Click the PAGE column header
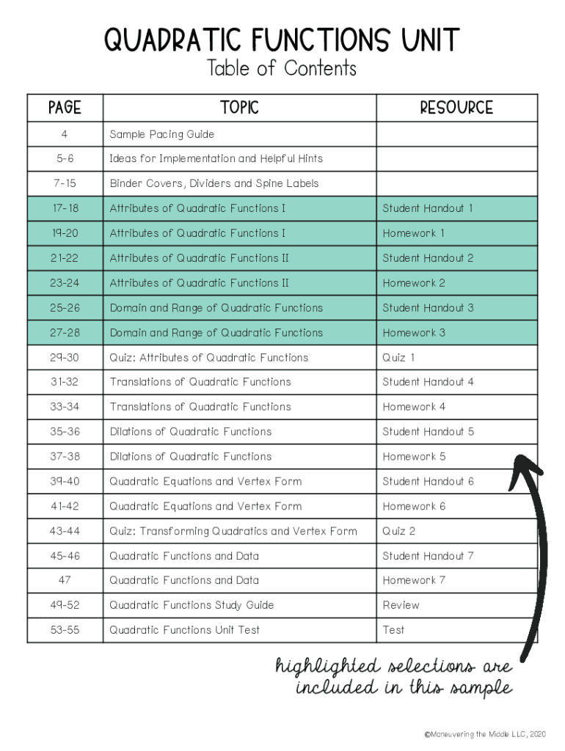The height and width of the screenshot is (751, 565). pyautogui.click(x=65, y=108)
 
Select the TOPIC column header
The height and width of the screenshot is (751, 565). pyautogui.click(x=239, y=108)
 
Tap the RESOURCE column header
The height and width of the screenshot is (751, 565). pyautogui.click(x=456, y=108)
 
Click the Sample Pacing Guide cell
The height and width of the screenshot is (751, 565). pyautogui.click(x=162, y=134)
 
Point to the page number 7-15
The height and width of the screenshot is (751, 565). pyautogui.click(x=65, y=183)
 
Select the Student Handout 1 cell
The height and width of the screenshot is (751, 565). pyautogui.click(x=428, y=208)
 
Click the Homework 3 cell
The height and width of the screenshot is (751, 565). pyautogui.click(x=414, y=332)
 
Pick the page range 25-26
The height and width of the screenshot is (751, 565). pyautogui.click(x=65, y=307)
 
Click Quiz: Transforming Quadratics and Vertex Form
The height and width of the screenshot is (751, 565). pyautogui.click(x=233, y=531)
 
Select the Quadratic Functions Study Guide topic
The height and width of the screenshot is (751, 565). pyautogui.click(x=192, y=605)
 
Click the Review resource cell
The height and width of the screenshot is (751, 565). pyautogui.click(x=401, y=605)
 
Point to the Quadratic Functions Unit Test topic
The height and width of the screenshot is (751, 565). pyautogui.click(x=185, y=630)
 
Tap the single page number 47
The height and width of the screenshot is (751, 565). pyautogui.click(x=65, y=580)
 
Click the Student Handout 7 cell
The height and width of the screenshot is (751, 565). pyautogui.click(x=428, y=556)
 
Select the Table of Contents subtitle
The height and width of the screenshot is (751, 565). pyautogui.click(x=282, y=69)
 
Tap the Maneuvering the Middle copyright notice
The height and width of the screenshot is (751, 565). pyautogui.click(x=485, y=733)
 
